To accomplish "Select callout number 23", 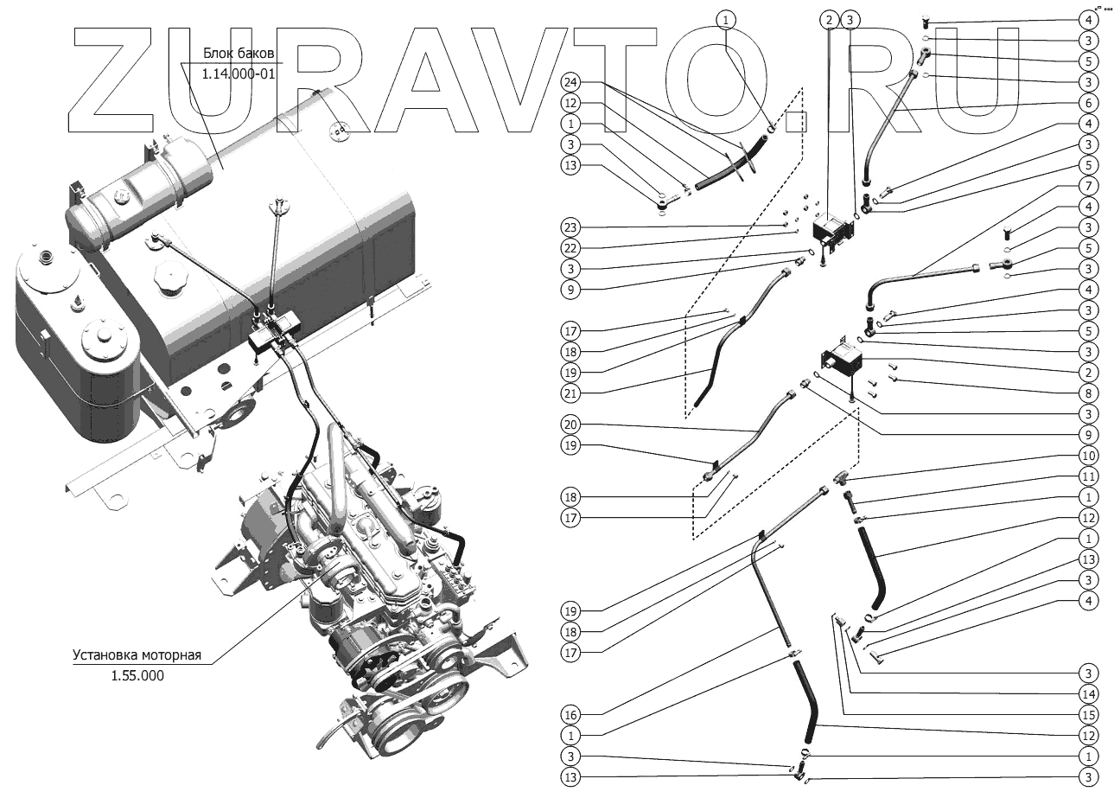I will [x=570, y=227].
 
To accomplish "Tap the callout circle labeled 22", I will [x=570, y=248].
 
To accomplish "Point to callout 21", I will [x=570, y=393].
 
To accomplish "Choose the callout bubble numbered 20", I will [x=570, y=425].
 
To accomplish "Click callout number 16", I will [x=570, y=715].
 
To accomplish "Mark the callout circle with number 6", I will [x=1088, y=103].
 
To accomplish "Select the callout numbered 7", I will [x=1088, y=186].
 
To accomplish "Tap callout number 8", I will [x=1088, y=393].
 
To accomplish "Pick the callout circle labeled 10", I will [x=1088, y=456].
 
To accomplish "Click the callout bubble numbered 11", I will [x=1088, y=476].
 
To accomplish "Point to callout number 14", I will [x=1088, y=694].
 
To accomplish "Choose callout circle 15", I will [x=1088, y=715].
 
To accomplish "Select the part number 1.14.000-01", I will [x=238, y=74].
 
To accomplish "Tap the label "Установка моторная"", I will [x=137, y=655].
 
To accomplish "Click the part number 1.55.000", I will [x=137, y=676].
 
